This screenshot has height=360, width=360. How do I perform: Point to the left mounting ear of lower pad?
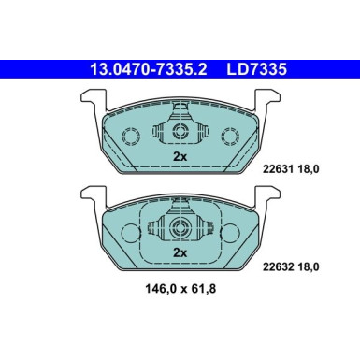tap(90, 196)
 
